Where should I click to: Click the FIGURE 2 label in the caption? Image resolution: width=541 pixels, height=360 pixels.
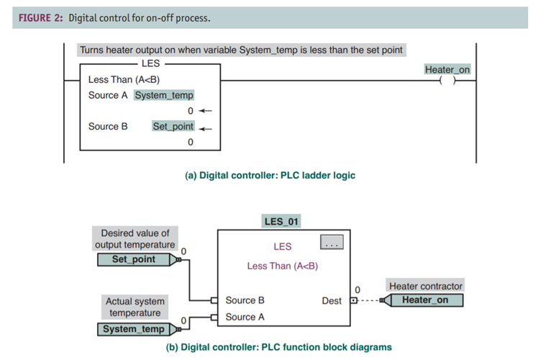pyautogui.click(x=38, y=18)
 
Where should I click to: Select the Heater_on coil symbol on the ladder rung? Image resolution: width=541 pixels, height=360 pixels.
pyautogui.click(x=447, y=81)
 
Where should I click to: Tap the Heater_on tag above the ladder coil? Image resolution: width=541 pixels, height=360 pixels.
pyautogui.click(x=447, y=69)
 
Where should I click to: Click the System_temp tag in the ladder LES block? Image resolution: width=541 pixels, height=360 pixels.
pyautogui.click(x=164, y=95)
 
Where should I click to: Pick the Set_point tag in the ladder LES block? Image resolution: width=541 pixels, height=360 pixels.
pyautogui.click(x=173, y=126)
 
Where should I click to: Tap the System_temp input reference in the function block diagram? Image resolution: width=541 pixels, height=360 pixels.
pyautogui.click(x=134, y=329)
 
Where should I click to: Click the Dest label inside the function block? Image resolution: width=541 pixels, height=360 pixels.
pyautogui.click(x=332, y=300)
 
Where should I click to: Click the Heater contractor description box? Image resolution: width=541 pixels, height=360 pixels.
pyautogui.click(x=425, y=286)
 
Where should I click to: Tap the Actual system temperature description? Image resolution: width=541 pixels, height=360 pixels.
pyautogui.click(x=135, y=307)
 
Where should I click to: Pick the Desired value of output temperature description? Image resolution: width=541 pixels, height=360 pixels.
pyautogui.click(x=135, y=239)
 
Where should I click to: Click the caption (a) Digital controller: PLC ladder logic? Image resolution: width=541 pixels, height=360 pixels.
pyautogui.click(x=270, y=175)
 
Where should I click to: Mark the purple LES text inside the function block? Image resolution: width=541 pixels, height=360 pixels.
pyautogui.click(x=282, y=247)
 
